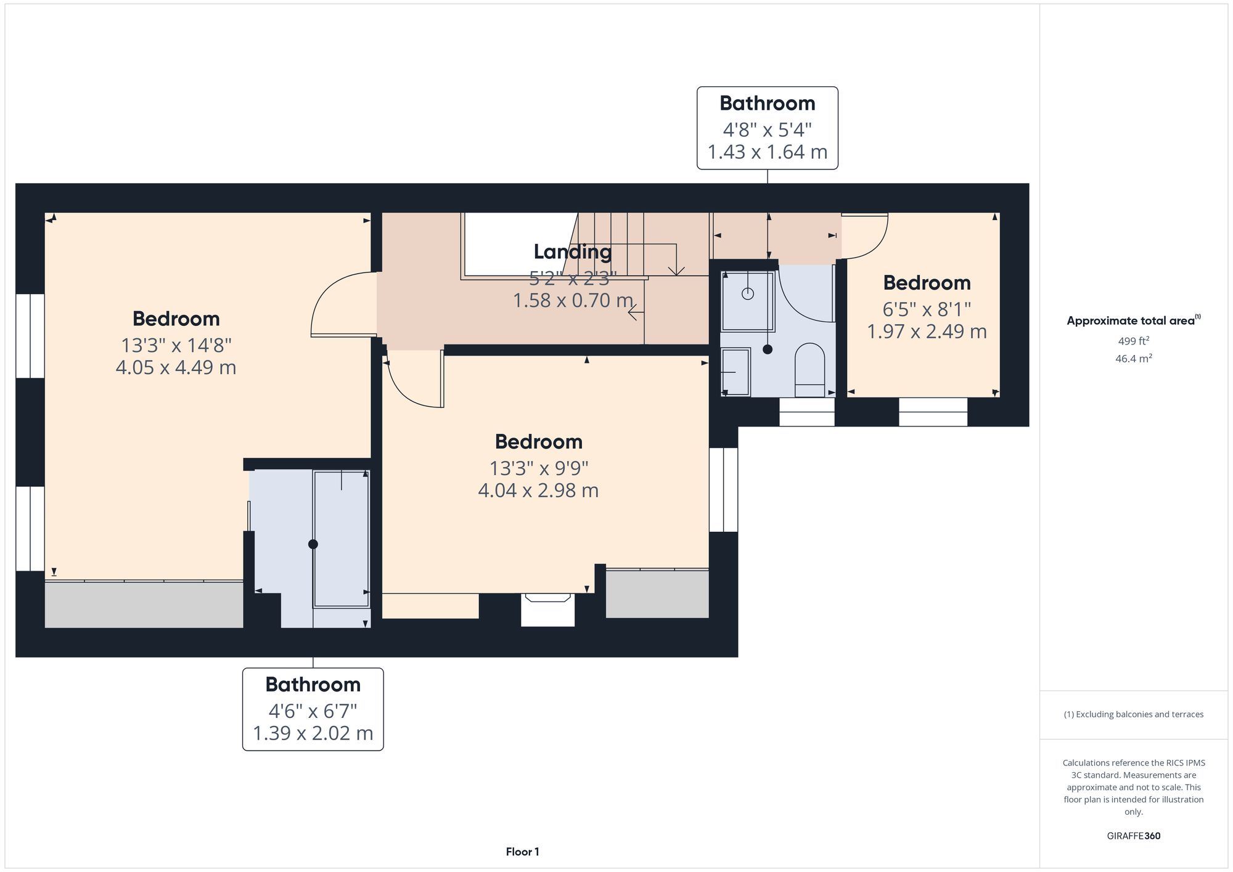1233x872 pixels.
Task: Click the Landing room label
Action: point(572,251)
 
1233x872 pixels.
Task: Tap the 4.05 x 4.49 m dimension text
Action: point(176,367)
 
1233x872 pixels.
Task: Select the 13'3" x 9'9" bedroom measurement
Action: point(538,468)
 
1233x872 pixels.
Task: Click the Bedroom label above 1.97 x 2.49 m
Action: point(927,283)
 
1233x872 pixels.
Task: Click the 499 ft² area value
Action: point(1133,341)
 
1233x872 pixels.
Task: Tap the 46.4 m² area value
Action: point(1133,359)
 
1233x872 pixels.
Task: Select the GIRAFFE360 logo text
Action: point(1133,836)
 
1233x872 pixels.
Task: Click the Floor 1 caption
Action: point(522,852)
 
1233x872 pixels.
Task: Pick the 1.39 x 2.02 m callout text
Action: point(313,733)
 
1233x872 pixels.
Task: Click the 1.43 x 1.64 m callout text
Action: point(767,152)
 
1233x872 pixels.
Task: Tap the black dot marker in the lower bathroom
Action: point(313,544)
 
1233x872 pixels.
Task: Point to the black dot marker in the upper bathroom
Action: point(768,349)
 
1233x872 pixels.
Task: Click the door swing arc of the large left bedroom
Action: point(327,296)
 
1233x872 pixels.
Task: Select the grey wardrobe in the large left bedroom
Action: point(144,605)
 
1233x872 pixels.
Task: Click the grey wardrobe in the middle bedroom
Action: point(657,593)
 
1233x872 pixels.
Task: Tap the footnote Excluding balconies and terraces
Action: point(1133,714)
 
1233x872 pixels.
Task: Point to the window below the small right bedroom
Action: point(933,412)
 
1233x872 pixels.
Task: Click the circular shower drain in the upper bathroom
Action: point(748,293)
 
